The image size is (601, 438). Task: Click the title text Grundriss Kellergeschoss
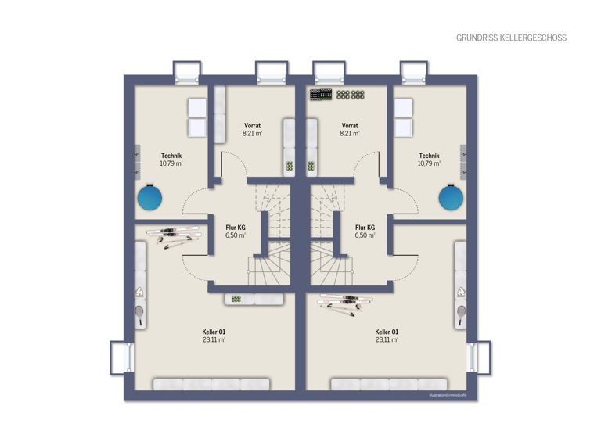(x=511, y=38)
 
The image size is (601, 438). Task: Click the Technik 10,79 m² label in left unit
(x=171, y=160)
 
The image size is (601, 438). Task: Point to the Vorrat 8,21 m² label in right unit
(x=350, y=129)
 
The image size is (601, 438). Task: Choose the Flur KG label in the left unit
(x=236, y=231)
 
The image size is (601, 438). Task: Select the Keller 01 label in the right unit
(x=387, y=336)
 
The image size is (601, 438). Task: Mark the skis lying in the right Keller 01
(x=341, y=303)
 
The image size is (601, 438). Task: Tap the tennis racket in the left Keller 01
(x=139, y=314)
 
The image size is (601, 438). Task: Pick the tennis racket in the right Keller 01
(x=462, y=314)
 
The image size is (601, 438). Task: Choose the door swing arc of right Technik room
(x=405, y=201)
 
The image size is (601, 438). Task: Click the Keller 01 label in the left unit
(x=214, y=336)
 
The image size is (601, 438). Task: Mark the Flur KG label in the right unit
(x=365, y=231)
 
